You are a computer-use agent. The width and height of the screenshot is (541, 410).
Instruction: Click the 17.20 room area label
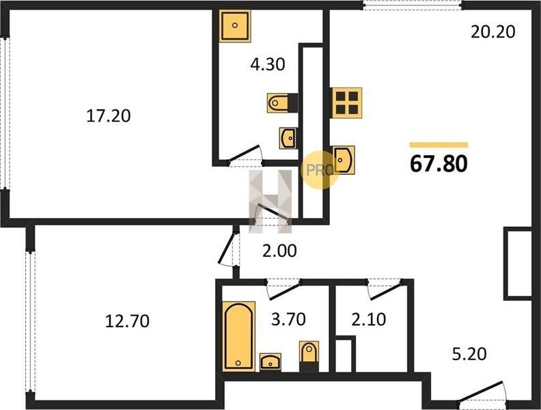(109, 115)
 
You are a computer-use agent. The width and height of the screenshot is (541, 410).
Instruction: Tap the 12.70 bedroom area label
(127, 321)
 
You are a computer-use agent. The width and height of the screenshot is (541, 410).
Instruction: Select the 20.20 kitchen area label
(493, 31)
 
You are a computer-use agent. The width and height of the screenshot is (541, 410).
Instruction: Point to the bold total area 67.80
(439, 163)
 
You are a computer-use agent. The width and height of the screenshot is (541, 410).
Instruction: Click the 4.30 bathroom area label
(268, 64)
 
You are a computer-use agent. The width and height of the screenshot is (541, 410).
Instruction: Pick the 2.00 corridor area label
(279, 251)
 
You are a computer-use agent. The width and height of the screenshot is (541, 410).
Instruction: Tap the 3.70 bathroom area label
(288, 319)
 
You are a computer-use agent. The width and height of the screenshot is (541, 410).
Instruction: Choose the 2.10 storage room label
(368, 319)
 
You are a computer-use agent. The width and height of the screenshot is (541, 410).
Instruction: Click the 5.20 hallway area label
(469, 354)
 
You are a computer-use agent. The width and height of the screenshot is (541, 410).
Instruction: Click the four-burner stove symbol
(346, 103)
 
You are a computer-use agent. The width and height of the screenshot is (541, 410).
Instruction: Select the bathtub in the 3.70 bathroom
(239, 336)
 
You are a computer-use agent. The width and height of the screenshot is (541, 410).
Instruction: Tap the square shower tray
(235, 26)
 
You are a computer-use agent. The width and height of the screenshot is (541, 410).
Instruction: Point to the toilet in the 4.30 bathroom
(282, 103)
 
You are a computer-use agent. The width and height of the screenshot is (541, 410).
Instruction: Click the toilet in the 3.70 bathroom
(309, 355)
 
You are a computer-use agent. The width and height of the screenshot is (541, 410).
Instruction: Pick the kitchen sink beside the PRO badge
(344, 160)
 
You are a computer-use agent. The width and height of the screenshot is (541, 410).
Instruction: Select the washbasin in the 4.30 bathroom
(288, 139)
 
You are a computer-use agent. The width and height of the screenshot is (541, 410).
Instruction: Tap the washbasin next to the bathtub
(270, 362)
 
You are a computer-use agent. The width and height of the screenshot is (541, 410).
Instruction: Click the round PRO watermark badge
(320, 169)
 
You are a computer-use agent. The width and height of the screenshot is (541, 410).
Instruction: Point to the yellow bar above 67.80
(439, 145)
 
